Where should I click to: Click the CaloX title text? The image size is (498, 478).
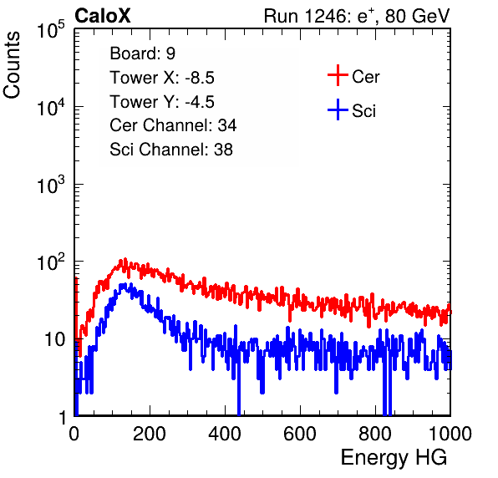pyautogui.click(x=103, y=16)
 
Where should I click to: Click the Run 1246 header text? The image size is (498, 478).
pyautogui.click(x=357, y=16)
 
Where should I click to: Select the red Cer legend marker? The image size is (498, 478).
pyautogui.click(x=338, y=75)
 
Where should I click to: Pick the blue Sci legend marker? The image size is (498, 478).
pyautogui.click(x=338, y=110)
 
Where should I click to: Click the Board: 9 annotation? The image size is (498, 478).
pyautogui.click(x=143, y=53)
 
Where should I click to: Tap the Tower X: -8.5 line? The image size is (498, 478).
pyautogui.click(x=162, y=78)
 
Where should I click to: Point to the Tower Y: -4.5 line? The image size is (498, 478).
pyautogui.click(x=162, y=102)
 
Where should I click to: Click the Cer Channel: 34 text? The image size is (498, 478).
pyautogui.click(x=173, y=125)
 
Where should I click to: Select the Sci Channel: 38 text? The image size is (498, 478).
pyautogui.click(x=171, y=150)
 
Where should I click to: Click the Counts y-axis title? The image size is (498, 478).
pyautogui.click(x=12, y=65)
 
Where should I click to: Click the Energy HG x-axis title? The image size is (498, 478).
pyautogui.click(x=394, y=458)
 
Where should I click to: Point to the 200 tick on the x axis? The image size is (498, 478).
pyautogui.click(x=150, y=434)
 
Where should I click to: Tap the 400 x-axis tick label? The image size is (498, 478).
pyautogui.click(x=225, y=434)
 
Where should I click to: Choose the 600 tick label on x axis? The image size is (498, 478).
pyautogui.click(x=300, y=434)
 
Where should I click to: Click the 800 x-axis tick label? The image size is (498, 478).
pyautogui.click(x=375, y=434)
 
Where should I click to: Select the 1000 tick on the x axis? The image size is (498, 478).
pyautogui.click(x=450, y=434)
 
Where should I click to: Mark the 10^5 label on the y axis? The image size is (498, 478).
pyautogui.click(x=51, y=30)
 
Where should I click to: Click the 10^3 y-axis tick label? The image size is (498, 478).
pyautogui.click(x=51, y=186)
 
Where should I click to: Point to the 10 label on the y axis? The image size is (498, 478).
pyautogui.click(x=54, y=340)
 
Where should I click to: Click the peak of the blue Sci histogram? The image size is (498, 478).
pyautogui.click(x=123, y=285)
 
